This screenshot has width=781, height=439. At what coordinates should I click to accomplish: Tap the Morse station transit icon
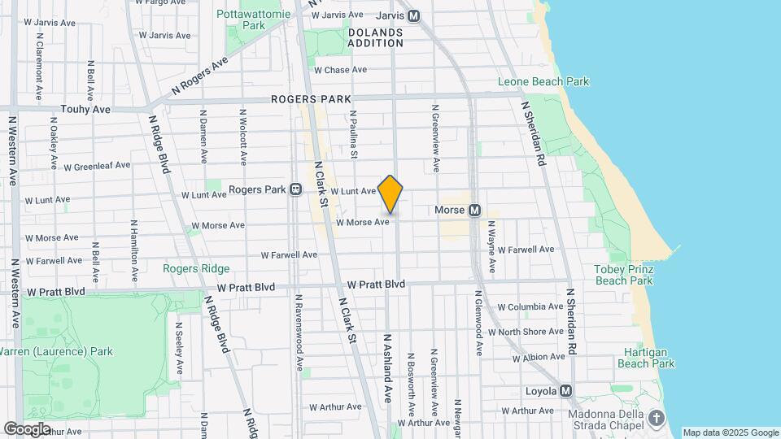pyautogui.click(x=475, y=211)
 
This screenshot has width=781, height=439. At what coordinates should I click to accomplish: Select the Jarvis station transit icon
pyautogui.click(x=414, y=15)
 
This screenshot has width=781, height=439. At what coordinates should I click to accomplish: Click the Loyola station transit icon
pyautogui.click(x=566, y=391)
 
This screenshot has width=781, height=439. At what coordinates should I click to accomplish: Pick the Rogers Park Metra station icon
pyautogui.click(x=296, y=189)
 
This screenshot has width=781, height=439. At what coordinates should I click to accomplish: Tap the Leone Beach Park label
pyautogui.click(x=543, y=82)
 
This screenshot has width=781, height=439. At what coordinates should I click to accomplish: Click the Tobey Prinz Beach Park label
pyautogui.click(x=624, y=275)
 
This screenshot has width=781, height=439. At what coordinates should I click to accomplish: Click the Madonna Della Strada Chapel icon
pyautogui.click(x=657, y=418)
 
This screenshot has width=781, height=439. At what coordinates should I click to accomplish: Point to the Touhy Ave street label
pyautogui.click(x=85, y=109)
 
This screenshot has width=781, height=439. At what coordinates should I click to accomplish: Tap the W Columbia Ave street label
pyautogui.click(x=530, y=307)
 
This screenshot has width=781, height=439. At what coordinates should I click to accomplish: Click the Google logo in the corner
pyautogui.click(x=27, y=428)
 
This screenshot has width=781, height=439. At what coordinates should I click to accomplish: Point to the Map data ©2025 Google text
pyautogui.click(x=731, y=432)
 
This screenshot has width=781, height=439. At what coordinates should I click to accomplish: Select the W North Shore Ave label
pyautogui.click(x=531, y=332)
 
